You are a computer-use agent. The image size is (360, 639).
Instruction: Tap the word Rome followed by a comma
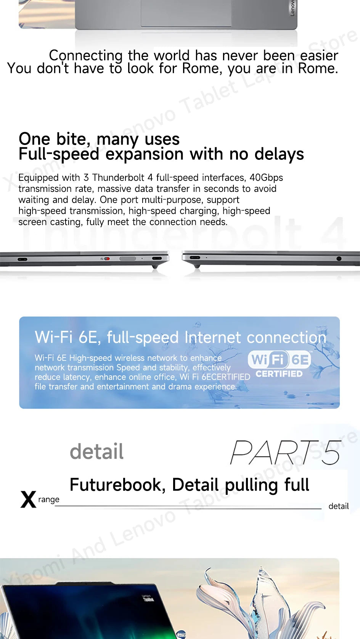click(x=202, y=69)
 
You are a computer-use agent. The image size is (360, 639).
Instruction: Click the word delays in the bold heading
click(x=279, y=155)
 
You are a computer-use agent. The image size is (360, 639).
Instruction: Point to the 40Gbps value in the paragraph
click(x=266, y=178)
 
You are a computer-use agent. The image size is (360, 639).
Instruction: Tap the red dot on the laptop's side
click(x=107, y=258)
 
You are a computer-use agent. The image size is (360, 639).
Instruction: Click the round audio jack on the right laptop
click(x=339, y=258)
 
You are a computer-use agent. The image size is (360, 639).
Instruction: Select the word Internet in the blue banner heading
click(x=212, y=337)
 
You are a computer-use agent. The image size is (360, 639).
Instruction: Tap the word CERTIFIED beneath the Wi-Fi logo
click(x=279, y=374)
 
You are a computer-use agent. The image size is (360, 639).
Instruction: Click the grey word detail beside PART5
click(x=97, y=452)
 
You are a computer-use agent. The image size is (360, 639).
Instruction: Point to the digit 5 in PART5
click(x=331, y=452)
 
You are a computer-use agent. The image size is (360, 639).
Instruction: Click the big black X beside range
click(x=28, y=499)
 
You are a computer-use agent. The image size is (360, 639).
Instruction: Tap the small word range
click(x=49, y=499)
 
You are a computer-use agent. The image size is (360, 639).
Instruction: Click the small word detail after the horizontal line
click(x=339, y=506)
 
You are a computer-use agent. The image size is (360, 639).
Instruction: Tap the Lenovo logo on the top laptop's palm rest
click(x=292, y=8)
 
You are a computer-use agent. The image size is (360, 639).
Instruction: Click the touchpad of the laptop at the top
click(x=186, y=13)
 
